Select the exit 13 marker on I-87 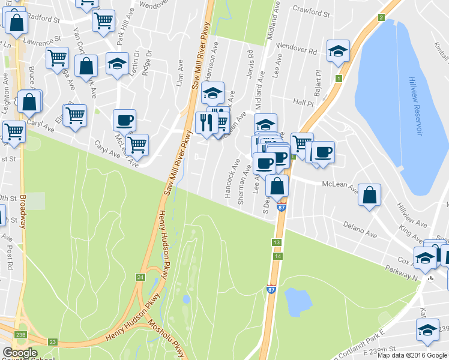[276, 242]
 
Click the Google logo [20, 353]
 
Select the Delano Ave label [359, 227]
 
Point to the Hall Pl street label [300, 102]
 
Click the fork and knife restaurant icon [206, 123]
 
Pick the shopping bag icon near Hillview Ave [370, 195]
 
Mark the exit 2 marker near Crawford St [381, 17]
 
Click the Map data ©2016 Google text [412, 355]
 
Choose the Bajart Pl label [318, 78]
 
